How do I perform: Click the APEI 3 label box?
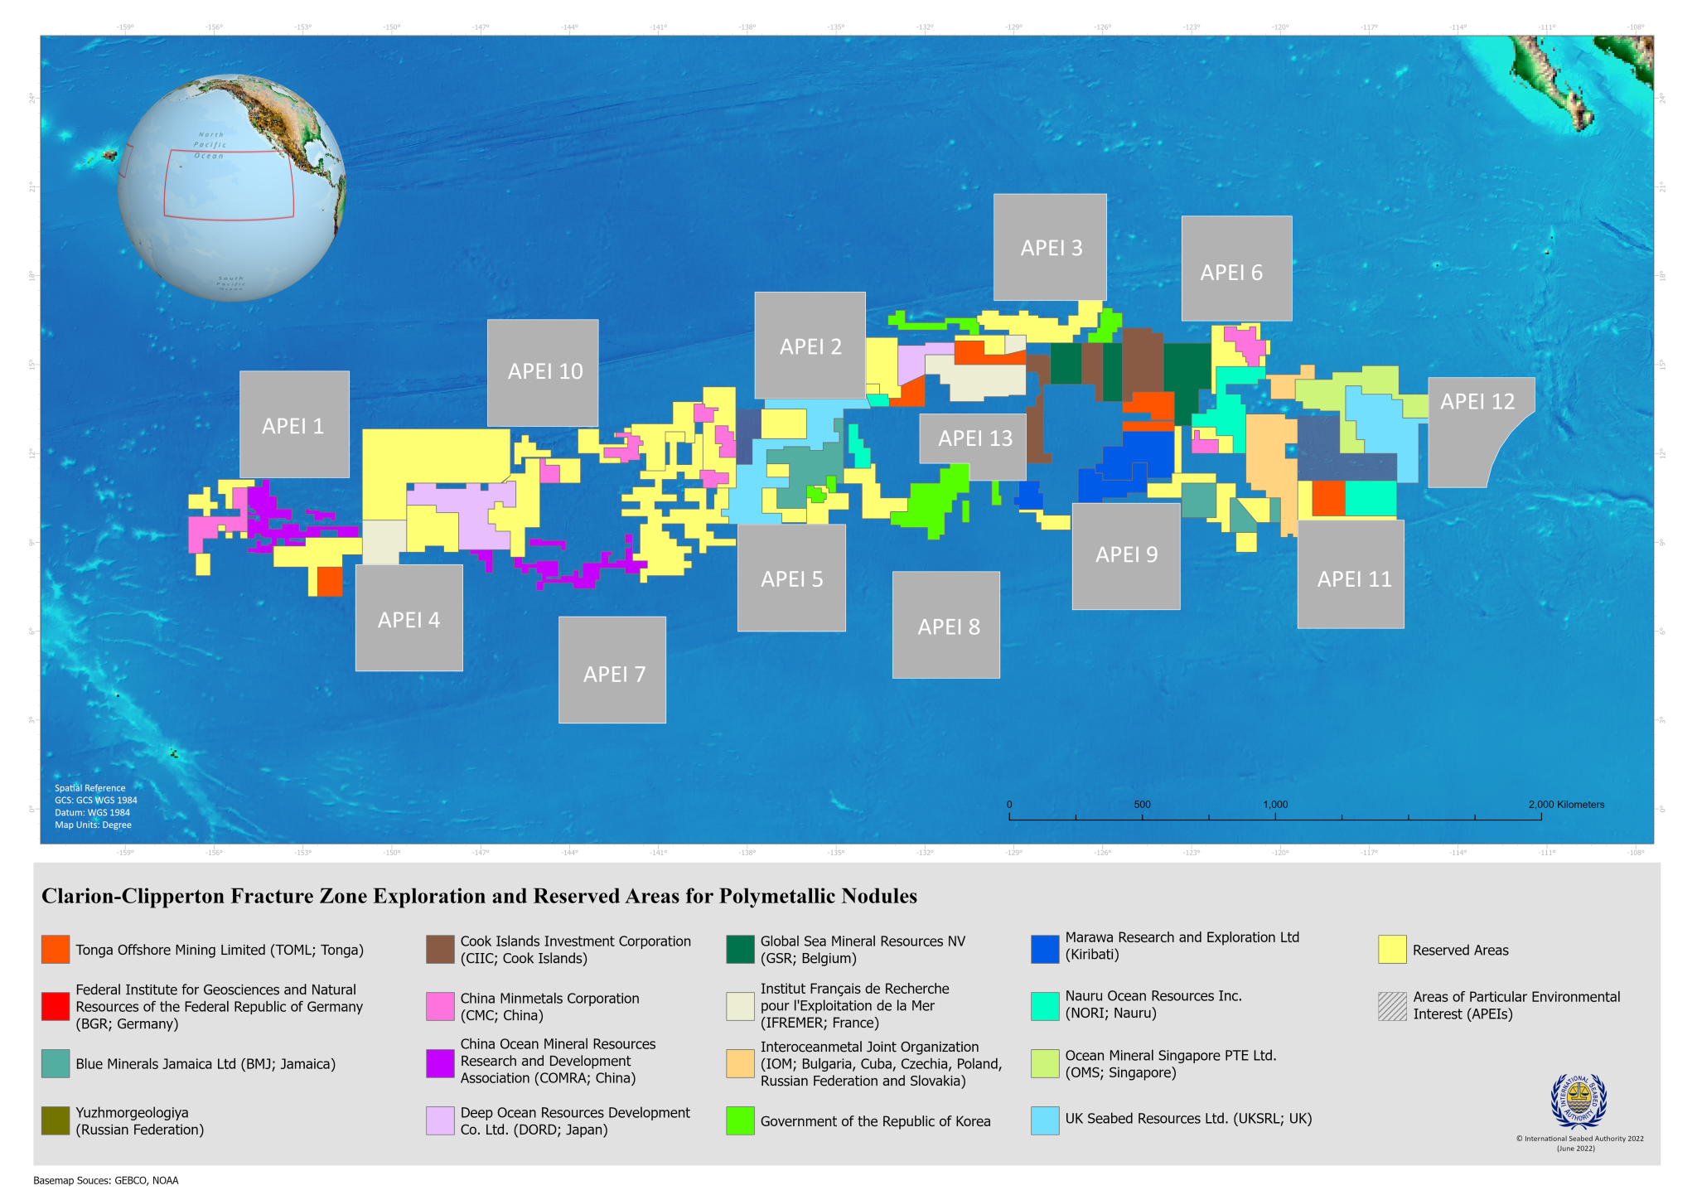point(1051,248)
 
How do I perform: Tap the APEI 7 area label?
point(613,674)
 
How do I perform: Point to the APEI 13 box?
point(974,438)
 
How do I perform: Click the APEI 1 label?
point(293,426)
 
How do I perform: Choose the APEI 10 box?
point(544,371)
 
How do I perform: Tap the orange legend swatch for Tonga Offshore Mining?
point(56,950)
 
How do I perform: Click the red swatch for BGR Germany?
point(56,1006)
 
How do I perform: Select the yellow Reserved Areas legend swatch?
point(1392,950)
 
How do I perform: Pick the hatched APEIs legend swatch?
point(1392,1006)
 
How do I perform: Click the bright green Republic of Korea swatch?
point(740,1121)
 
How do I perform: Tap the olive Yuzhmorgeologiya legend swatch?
point(56,1121)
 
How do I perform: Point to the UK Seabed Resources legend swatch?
point(1045,1120)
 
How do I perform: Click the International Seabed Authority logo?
point(1578,1101)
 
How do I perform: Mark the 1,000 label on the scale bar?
point(1275,805)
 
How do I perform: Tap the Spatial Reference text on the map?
point(90,788)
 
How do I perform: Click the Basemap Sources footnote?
point(106,1180)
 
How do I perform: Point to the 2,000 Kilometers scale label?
point(1566,805)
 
